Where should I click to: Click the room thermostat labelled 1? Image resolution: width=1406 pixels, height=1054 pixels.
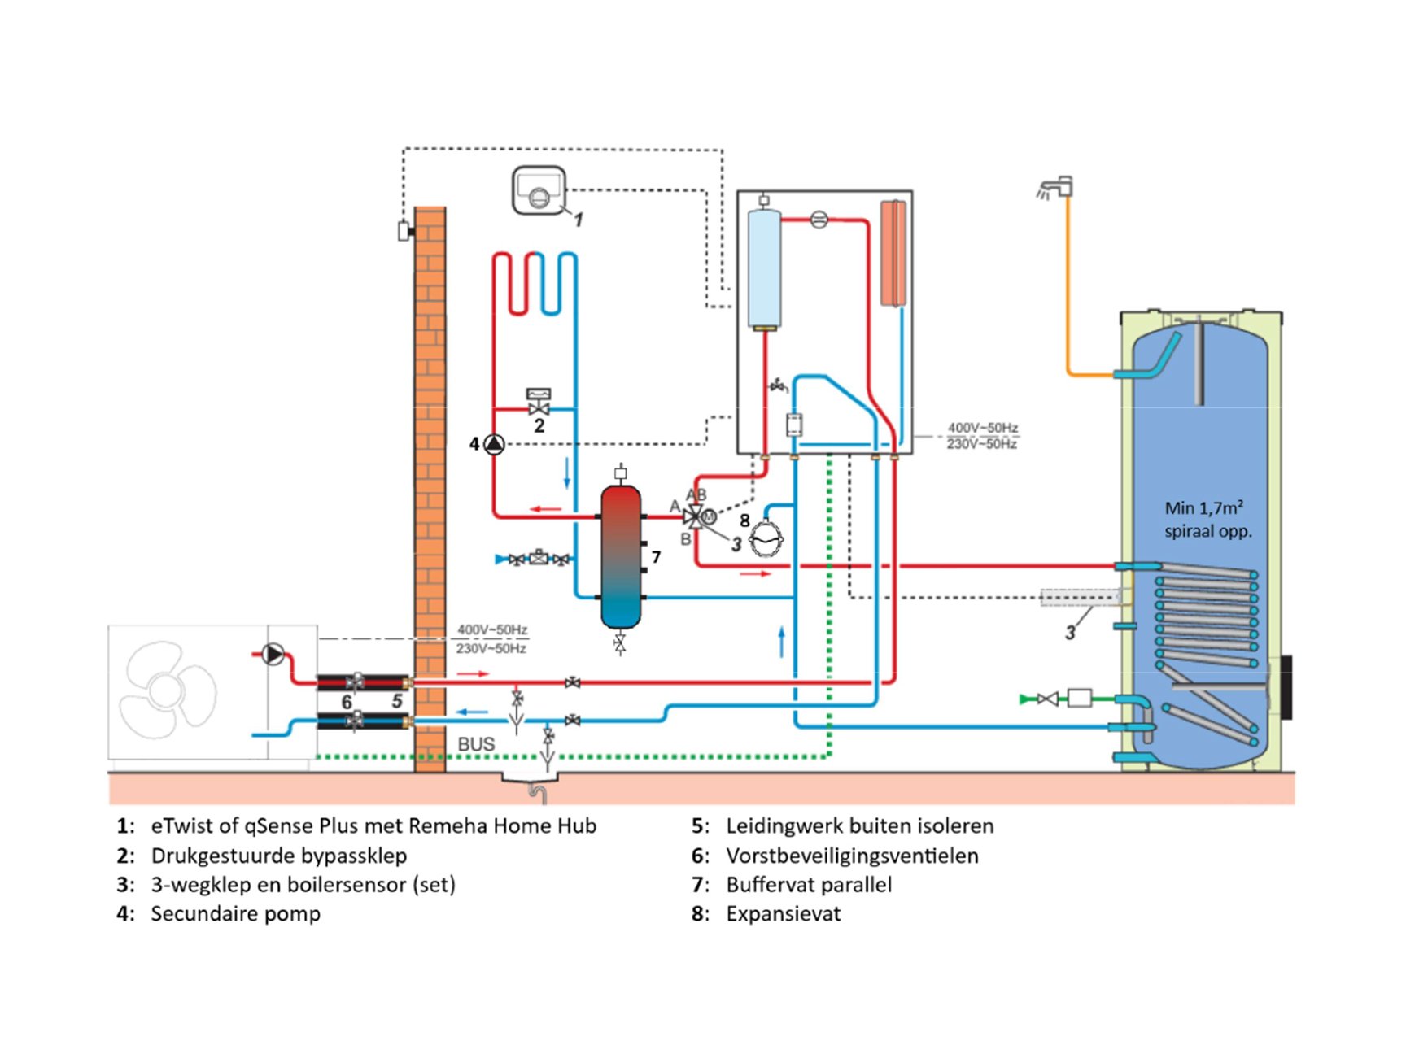539,191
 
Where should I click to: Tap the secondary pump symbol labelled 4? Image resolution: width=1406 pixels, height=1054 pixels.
494,444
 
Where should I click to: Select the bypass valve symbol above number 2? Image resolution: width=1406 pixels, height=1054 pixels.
539,402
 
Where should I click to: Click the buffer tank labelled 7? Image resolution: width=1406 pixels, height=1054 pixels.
621,557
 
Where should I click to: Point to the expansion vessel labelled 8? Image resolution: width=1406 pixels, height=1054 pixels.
766,538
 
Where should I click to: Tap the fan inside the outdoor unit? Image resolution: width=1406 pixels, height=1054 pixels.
167,690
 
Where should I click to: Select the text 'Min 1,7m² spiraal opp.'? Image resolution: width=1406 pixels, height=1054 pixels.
1207,520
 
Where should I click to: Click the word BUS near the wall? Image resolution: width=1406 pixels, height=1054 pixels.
476,744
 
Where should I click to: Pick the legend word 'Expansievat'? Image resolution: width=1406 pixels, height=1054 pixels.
783,914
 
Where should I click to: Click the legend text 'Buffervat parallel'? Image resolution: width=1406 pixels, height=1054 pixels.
809,885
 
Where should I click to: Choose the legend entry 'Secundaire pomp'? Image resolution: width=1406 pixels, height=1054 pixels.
235,914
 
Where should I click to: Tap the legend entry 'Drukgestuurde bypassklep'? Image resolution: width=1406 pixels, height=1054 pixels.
278,856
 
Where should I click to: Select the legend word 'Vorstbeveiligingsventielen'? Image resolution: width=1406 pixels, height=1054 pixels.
852,856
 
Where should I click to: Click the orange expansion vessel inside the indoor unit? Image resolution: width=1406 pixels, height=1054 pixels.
893,253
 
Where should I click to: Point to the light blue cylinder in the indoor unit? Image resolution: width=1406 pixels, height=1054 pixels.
764,268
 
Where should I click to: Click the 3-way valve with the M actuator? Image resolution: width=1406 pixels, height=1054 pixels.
696,516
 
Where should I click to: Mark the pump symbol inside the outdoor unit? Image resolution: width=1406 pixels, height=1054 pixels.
273,654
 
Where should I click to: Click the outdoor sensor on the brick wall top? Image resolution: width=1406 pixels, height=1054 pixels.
404,231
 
